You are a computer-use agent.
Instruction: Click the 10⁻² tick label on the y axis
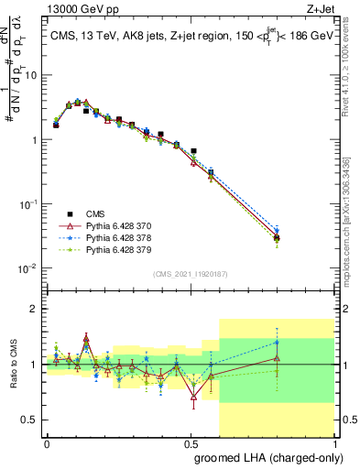tap(29, 268)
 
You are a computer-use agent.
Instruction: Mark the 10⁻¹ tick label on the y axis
tap(29, 204)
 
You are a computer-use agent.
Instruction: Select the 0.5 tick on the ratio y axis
tap(32, 420)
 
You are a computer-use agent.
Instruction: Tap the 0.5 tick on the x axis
tap(191, 443)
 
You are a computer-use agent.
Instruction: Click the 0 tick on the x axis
tap(47, 443)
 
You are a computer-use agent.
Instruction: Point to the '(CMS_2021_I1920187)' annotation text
tap(189, 274)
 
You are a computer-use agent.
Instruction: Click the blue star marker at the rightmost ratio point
tap(277, 342)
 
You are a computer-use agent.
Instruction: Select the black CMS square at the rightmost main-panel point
tap(277, 238)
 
